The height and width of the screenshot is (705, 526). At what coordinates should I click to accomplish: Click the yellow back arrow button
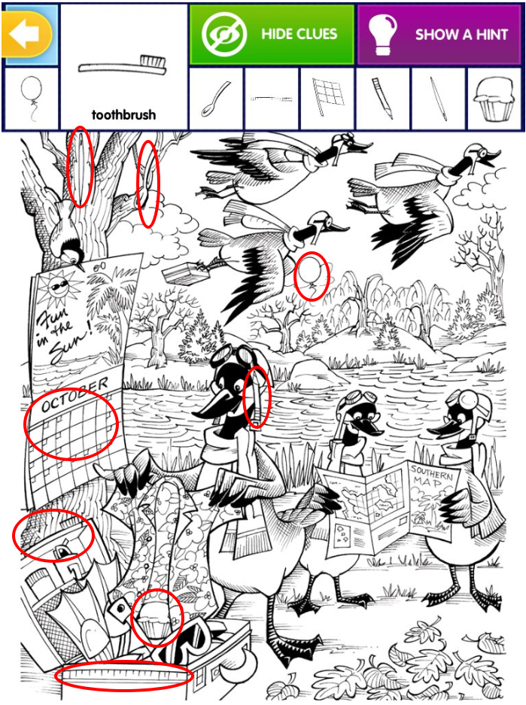pos(26,35)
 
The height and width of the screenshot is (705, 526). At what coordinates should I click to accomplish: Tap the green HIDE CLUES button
pos(272,34)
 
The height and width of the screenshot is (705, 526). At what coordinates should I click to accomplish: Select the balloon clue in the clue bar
pos(32,99)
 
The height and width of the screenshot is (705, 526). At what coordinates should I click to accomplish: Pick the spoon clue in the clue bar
pos(215,98)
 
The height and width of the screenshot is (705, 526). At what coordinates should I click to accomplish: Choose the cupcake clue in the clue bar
pos(494,99)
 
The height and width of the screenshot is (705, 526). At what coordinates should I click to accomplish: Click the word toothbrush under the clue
pos(123,115)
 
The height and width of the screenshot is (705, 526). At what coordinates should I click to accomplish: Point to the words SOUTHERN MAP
pos(432,476)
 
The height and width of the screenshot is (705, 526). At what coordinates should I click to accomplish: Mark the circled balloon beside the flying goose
pos(312,275)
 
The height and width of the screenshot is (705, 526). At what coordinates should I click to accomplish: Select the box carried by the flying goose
pos(182,272)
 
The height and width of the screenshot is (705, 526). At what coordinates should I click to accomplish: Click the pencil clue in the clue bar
pos(383,98)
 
